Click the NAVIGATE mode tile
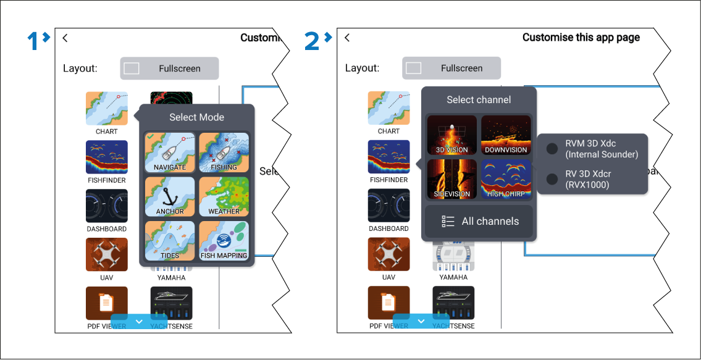click(170, 153)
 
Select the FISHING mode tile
click(224, 153)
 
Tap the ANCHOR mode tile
click(170, 196)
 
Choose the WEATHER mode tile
click(224, 196)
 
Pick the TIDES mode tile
click(170, 240)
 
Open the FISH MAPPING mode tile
click(224, 240)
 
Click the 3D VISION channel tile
click(452, 135)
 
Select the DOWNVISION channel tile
click(506, 135)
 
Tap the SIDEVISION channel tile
click(452, 179)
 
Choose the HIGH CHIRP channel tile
click(506, 179)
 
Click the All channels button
click(479, 221)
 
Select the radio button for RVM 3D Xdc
click(552, 149)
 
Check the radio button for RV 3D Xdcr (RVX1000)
click(552, 179)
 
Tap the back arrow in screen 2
click(347, 38)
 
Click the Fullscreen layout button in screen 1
click(169, 69)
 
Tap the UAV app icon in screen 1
click(107, 254)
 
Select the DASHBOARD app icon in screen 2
click(389, 206)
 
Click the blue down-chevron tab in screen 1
click(139, 321)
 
